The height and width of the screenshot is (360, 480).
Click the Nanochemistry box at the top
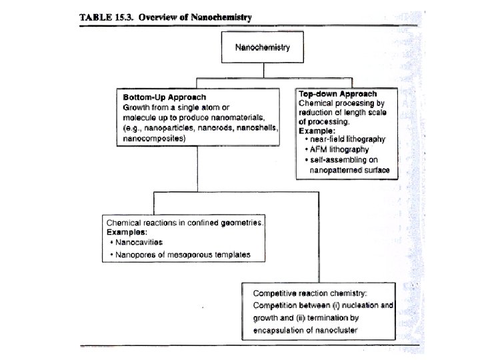[x=262, y=48]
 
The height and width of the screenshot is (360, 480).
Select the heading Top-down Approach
[x=338, y=94]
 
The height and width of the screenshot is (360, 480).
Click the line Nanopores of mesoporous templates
[x=181, y=255]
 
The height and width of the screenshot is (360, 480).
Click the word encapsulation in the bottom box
[x=279, y=331]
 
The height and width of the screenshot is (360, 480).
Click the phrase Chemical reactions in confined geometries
[x=185, y=222]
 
